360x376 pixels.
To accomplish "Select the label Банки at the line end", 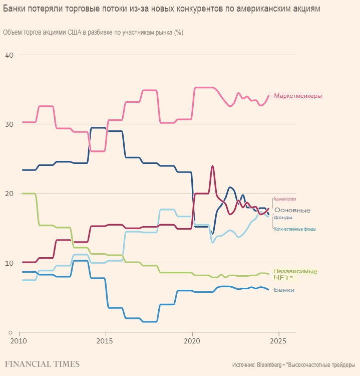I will pos(284,290).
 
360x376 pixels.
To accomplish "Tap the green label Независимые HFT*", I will pos(295,274).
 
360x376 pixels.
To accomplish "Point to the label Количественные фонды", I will pos(295,229).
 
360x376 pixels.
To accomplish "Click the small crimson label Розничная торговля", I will pos(284,199).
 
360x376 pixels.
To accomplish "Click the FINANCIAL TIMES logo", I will pos(42,363).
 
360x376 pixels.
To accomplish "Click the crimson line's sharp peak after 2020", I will pos(212,166).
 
